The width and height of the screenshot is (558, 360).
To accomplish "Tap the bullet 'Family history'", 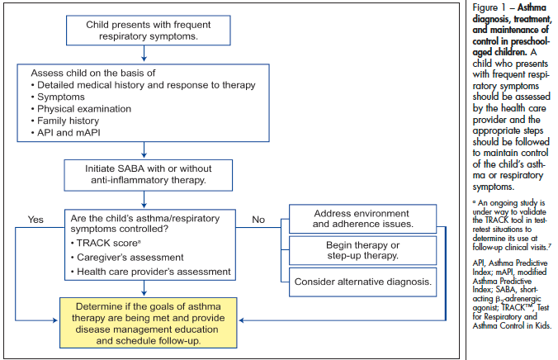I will pyautogui.click(x=73, y=121).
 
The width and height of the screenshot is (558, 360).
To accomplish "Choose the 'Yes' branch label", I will pyautogui.click(x=35, y=220).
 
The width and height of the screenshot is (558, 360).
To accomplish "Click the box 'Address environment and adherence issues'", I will pyautogui.click(x=362, y=219).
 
